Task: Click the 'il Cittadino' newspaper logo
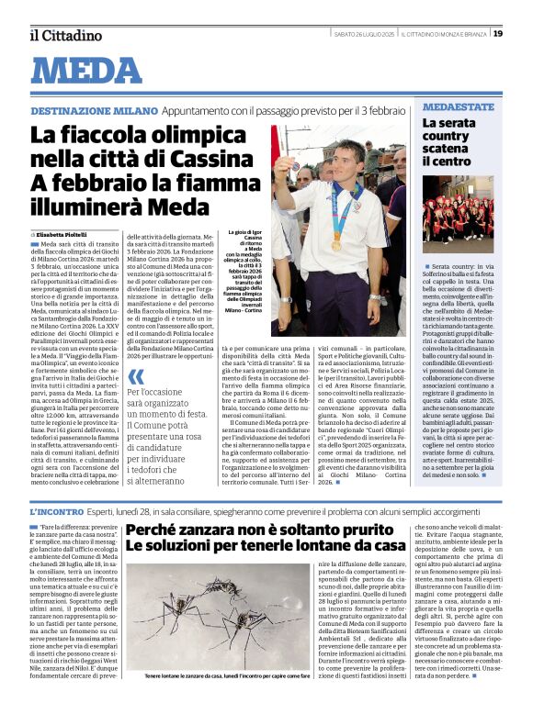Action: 64,35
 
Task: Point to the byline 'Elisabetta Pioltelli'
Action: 62,234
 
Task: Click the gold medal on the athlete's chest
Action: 336,245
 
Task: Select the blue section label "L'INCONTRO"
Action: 59,510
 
